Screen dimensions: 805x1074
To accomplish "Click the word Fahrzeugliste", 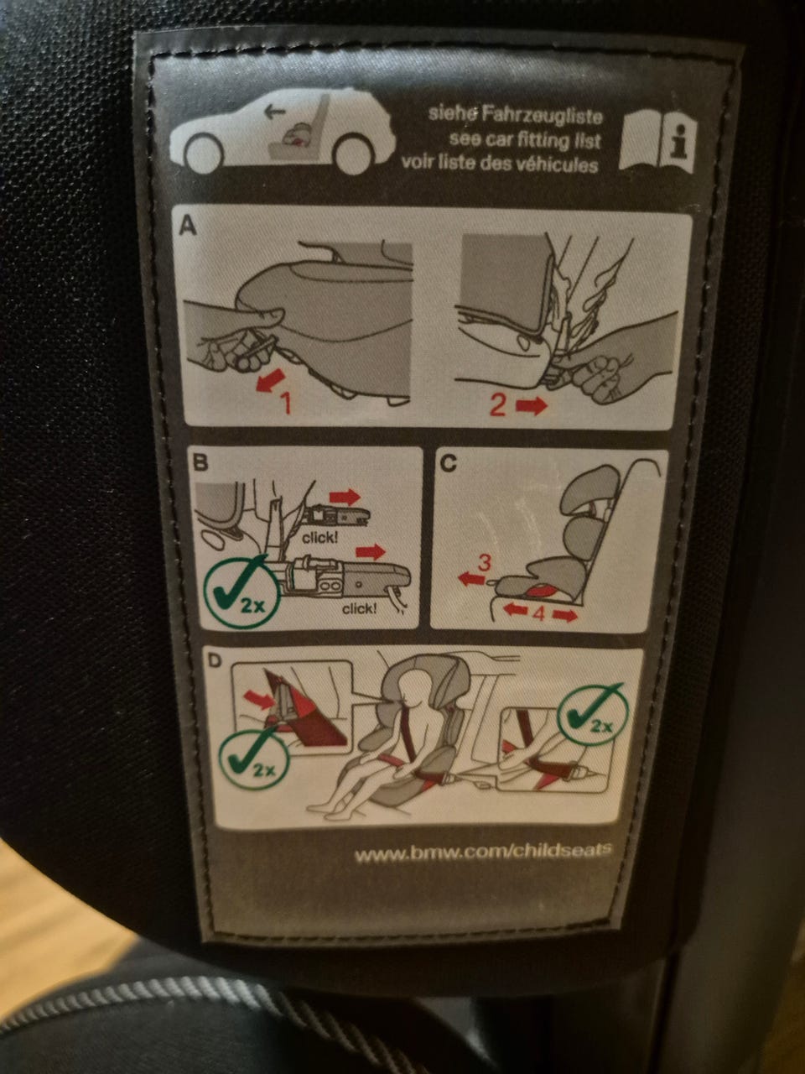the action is (542, 116).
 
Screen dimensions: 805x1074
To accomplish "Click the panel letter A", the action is (188, 226).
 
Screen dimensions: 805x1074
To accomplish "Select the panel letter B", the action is (200, 462).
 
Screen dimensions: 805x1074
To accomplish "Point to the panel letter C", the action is (448, 463).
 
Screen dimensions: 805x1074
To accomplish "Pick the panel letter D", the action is (215, 660).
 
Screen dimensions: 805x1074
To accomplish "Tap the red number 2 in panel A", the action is (497, 405).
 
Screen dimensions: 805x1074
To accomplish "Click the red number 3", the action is (484, 563).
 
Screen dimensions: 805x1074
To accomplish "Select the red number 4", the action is (539, 613).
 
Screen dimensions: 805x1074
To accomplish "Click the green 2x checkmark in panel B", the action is (241, 592).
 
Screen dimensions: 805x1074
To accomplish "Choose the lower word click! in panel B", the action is (360, 609).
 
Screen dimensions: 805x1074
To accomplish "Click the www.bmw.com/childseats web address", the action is (483, 854).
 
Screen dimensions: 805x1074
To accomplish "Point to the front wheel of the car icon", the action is (205, 153).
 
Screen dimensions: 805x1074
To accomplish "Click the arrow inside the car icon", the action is (275, 112).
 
